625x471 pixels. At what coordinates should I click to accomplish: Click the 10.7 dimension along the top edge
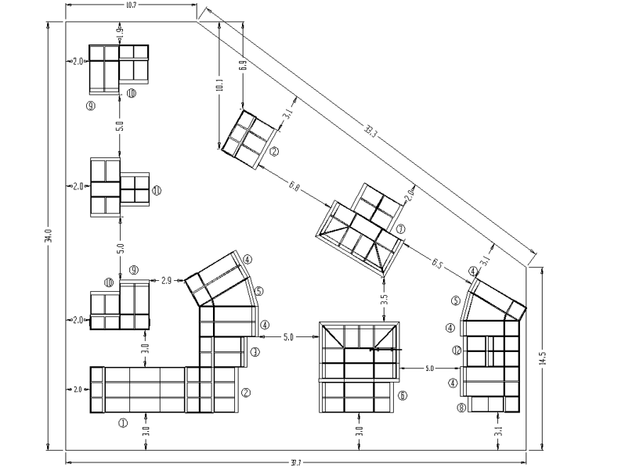click(132, 6)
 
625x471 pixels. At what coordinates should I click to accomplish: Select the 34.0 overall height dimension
click(48, 235)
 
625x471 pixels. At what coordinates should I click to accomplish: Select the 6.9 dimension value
click(243, 67)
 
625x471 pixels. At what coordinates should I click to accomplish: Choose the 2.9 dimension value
click(166, 279)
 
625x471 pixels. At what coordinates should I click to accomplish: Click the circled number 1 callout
click(122, 423)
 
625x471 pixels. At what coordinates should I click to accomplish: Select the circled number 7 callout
click(400, 229)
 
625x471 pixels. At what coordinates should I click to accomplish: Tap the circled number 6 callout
click(403, 396)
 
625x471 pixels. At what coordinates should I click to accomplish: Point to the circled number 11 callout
click(157, 190)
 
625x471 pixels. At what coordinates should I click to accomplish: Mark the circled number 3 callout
click(255, 353)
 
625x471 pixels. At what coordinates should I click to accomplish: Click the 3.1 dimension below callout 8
click(499, 430)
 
